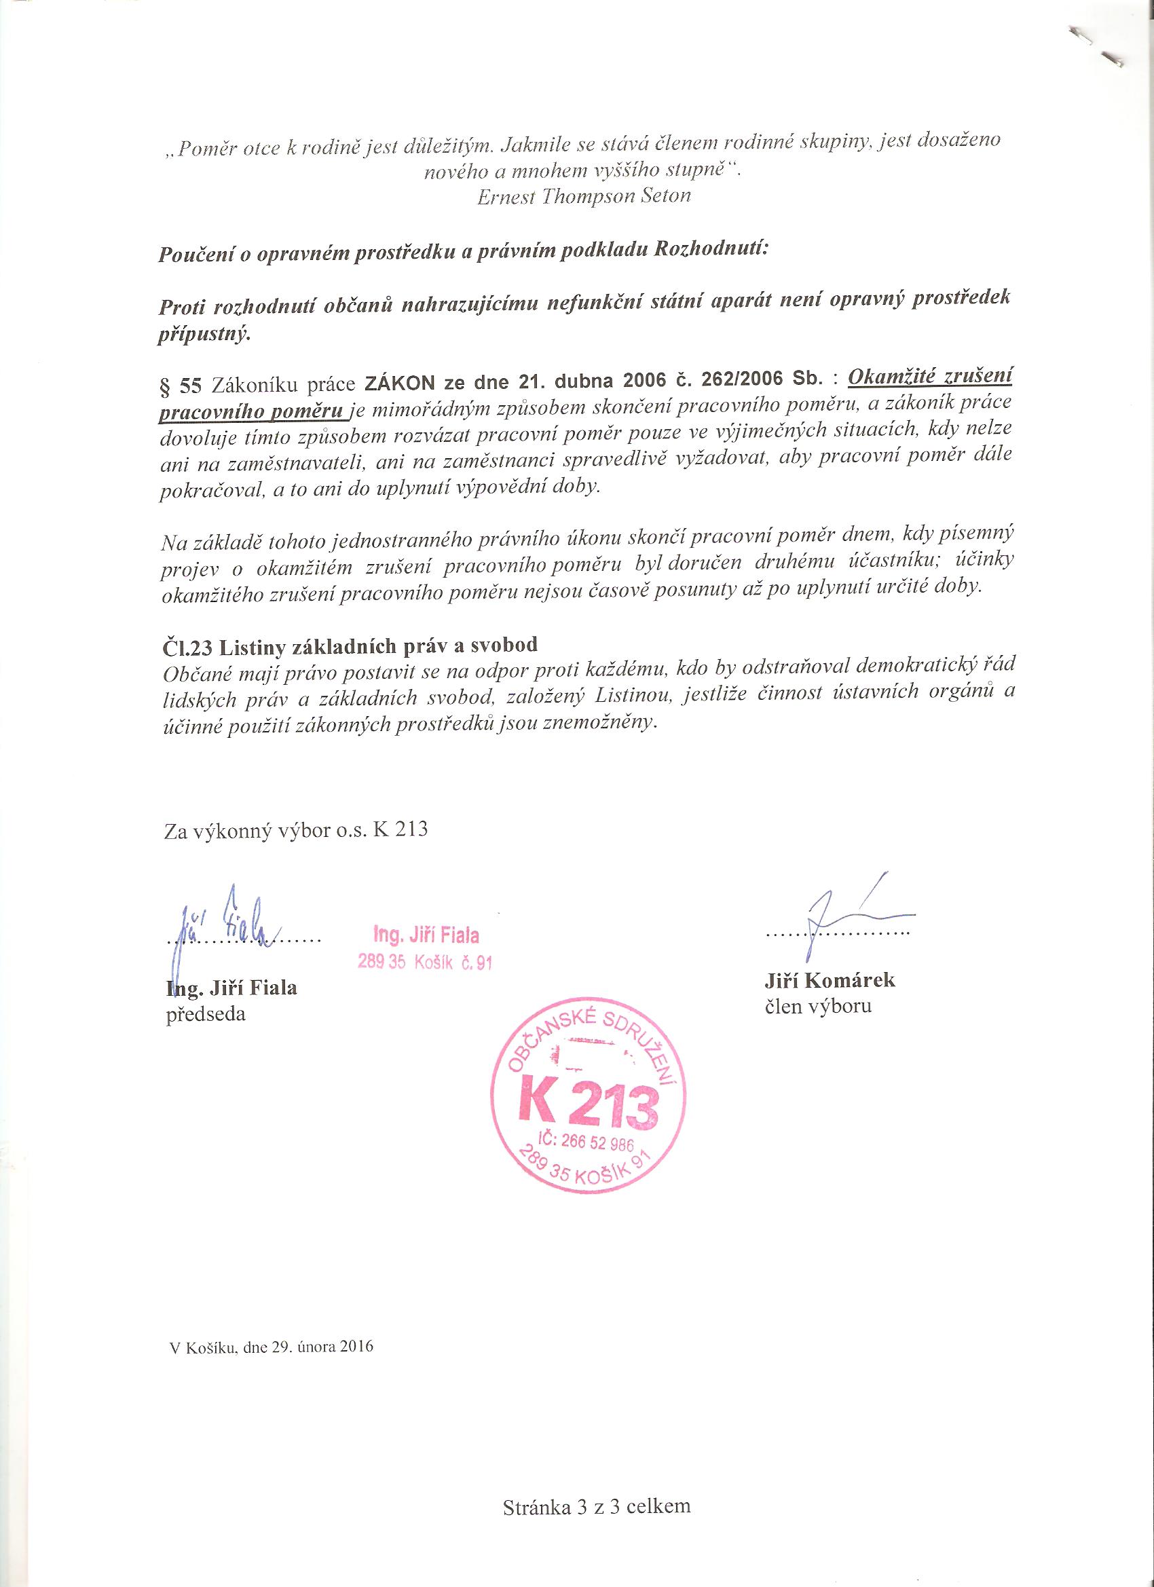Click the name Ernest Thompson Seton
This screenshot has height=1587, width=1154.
coord(584,197)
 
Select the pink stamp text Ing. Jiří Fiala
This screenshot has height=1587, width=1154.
coord(426,935)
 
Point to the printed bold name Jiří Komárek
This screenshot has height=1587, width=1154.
coord(830,979)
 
